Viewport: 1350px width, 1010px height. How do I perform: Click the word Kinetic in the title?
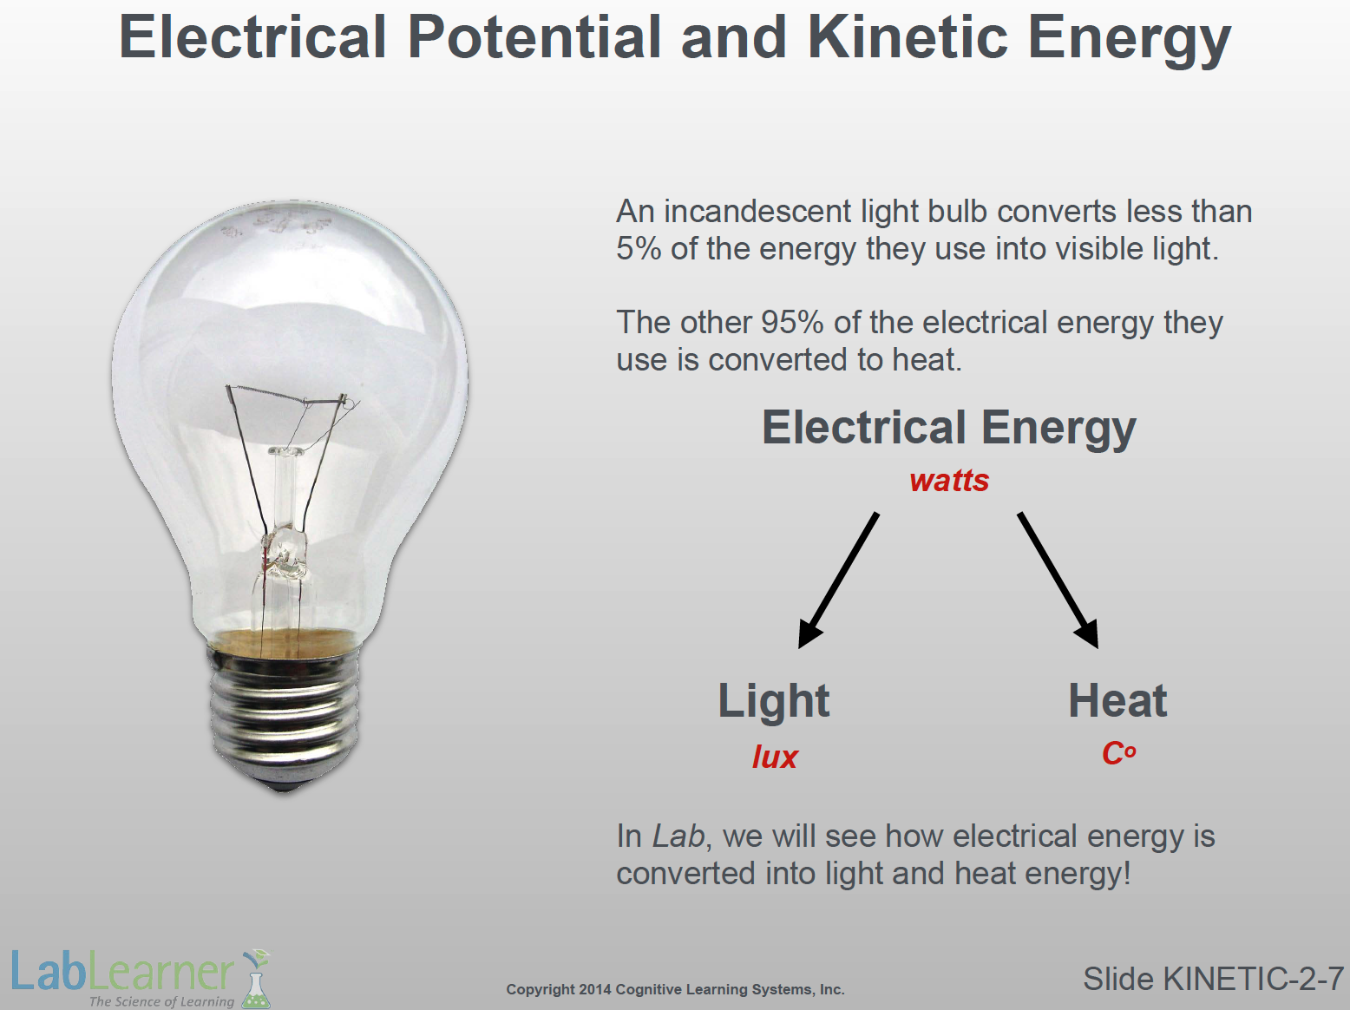pos(908,37)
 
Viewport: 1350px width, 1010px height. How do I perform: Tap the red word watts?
pos(949,481)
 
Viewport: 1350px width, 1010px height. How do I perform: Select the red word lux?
pos(774,757)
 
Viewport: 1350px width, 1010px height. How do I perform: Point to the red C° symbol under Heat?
pos(1118,753)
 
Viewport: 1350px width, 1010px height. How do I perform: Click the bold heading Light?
pos(774,702)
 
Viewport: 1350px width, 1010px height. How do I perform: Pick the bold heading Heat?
pos(1117,700)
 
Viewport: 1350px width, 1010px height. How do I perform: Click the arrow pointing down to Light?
pos(838,580)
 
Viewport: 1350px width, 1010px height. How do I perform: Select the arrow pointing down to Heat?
pos(1058,580)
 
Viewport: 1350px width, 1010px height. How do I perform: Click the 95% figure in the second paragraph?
pos(792,322)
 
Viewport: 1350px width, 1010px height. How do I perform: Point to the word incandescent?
pos(757,212)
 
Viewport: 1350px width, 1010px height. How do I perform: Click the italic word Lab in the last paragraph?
pos(678,836)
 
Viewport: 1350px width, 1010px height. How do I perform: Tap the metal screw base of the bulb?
pos(285,713)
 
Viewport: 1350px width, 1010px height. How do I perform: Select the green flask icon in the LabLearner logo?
pos(256,980)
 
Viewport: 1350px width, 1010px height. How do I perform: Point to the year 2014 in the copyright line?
pos(594,989)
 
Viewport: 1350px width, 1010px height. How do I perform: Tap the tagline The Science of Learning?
pos(161,1001)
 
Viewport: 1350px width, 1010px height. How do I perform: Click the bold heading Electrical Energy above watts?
pos(949,428)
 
